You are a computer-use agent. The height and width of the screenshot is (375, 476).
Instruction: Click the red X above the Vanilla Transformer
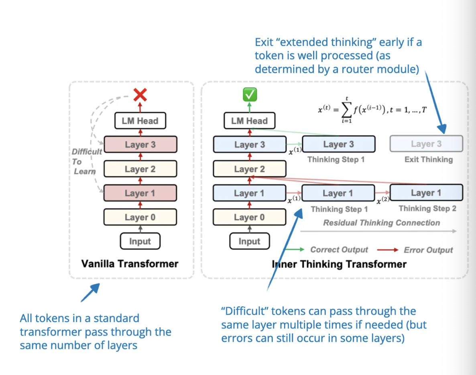pos(140,95)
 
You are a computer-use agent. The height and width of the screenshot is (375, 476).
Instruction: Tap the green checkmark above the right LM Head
pos(250,95)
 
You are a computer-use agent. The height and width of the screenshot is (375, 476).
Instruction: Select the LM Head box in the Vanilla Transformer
pos(140,120)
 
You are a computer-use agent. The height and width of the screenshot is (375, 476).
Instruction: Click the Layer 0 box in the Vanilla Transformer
pos(140,217)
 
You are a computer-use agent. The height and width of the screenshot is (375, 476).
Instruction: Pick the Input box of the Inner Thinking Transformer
pos(249,241)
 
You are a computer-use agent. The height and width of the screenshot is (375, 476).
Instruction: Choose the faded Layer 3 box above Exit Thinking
pos(426,144)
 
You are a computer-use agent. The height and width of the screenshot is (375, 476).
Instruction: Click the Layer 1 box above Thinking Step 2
pos(426,193)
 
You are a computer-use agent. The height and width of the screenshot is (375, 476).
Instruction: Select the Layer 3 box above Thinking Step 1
pos(338,144)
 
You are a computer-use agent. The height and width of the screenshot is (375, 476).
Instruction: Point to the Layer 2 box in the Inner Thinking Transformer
pos(249,169)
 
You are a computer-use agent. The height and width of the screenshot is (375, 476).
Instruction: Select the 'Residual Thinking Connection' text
pos(381,223)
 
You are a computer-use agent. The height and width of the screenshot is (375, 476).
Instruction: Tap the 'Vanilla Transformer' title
pos(130,264)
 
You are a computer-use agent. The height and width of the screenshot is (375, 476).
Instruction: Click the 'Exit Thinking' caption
pos(428,159)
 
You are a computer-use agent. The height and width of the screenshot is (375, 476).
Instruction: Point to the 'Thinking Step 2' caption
pos(427,208)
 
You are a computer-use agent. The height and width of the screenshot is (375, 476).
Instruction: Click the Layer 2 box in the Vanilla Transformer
pos(140,169)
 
